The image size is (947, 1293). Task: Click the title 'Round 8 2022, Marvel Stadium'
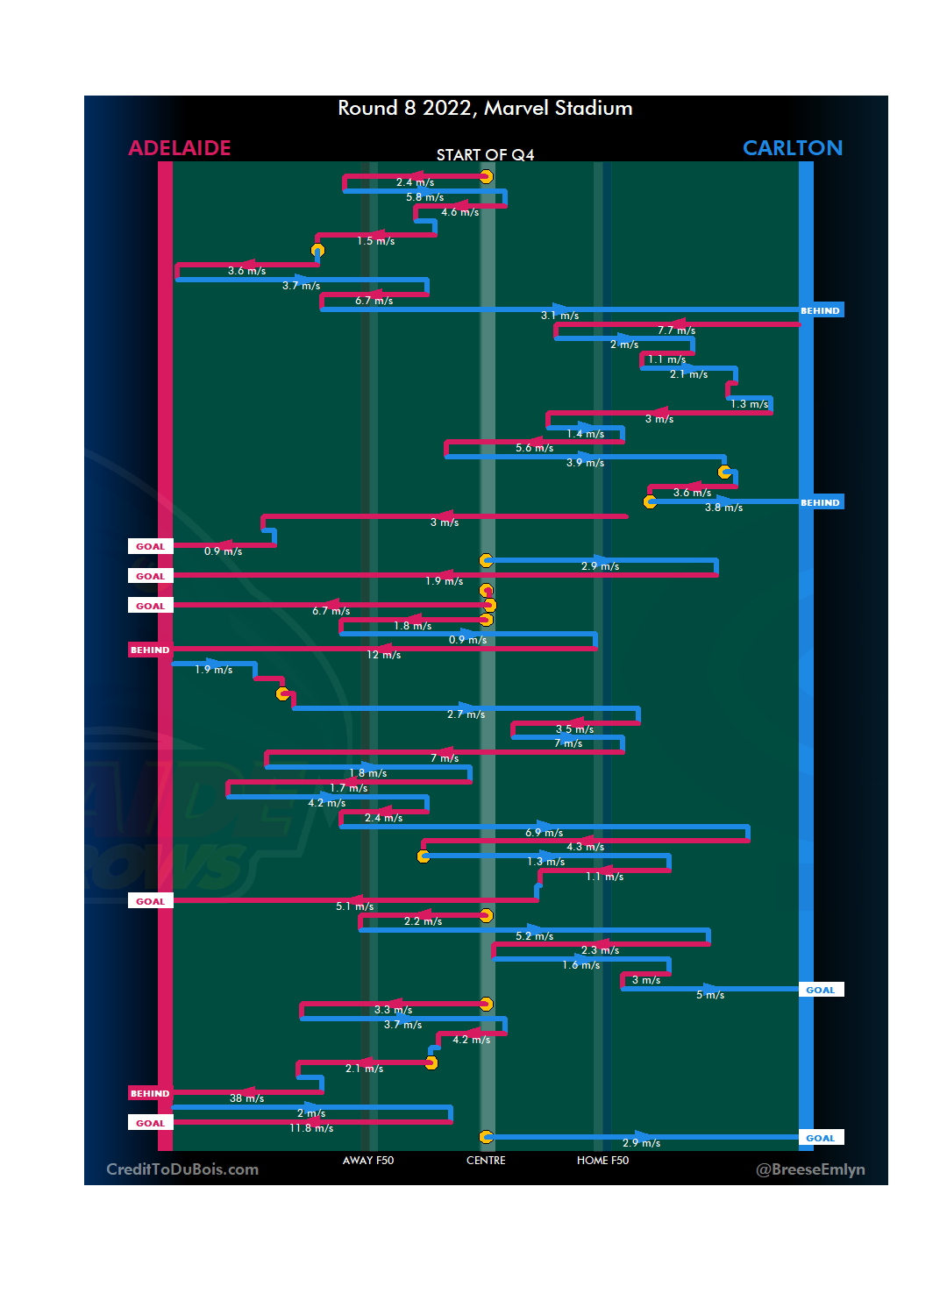click(485, 108)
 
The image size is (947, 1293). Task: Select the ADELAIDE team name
click(180, 148)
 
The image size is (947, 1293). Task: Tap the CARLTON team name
click(792, 148)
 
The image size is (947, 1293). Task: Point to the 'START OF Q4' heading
click(485, 155)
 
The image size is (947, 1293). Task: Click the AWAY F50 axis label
click(368, 1161)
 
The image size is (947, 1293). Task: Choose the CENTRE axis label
click(486, 1161)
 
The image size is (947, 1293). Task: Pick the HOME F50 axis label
click(602, 1161)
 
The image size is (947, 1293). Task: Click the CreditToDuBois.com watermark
click(182, 1169)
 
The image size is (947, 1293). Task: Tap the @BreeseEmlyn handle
click(810, 1169)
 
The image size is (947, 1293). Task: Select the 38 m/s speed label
click(246, 1098)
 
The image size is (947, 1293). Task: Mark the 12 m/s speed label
click(383, 655)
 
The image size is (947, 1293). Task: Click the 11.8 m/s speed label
click(311, 1128)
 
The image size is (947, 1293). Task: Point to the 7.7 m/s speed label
click(676, 330)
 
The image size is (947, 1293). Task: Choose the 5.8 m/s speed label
click(424, 197)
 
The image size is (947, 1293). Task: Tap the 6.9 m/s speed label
click(544, 833)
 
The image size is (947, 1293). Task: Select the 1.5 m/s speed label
click(375, 241)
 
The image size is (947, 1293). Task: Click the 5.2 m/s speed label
click(534, 936)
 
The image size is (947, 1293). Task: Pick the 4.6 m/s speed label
click(459, 212)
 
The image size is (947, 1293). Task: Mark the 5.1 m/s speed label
click(354, 906)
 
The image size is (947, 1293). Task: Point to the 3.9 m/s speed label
click(585, 463)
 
